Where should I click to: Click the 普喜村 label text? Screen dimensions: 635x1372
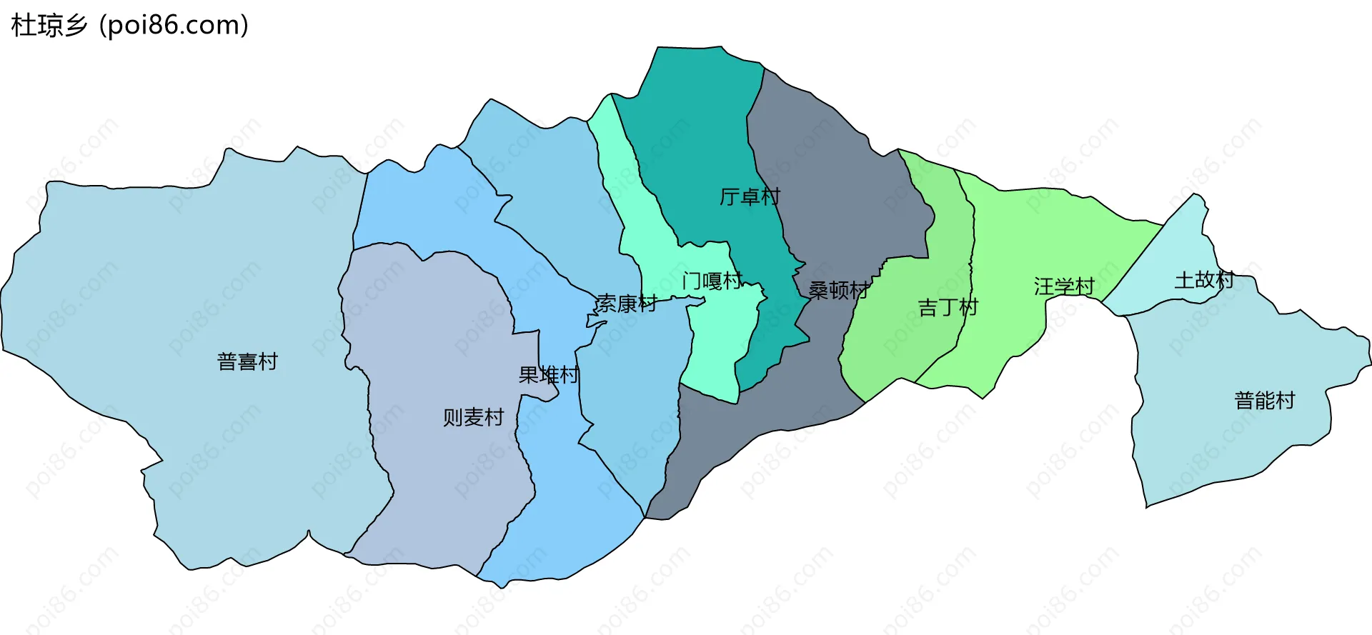pos(247,361)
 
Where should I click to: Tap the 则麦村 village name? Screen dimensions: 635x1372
pos(473,417)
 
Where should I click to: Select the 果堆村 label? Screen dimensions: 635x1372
pos(549,375)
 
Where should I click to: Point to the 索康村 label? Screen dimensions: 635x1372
pos(626,304)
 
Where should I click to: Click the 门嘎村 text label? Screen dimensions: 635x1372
pos(712,281)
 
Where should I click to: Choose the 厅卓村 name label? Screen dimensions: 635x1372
pos(750,196)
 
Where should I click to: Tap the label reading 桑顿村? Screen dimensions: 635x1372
pos(838,290)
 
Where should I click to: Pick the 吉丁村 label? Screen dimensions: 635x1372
pos(948,308)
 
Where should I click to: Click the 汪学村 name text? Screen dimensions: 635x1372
pos(1064,286)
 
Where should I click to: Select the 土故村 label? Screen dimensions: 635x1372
pos(1204,280)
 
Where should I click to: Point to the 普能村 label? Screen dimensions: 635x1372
pos(1265,401)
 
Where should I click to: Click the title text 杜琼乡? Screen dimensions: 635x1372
pos(49,26)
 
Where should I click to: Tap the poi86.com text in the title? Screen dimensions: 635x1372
pos(174,26)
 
